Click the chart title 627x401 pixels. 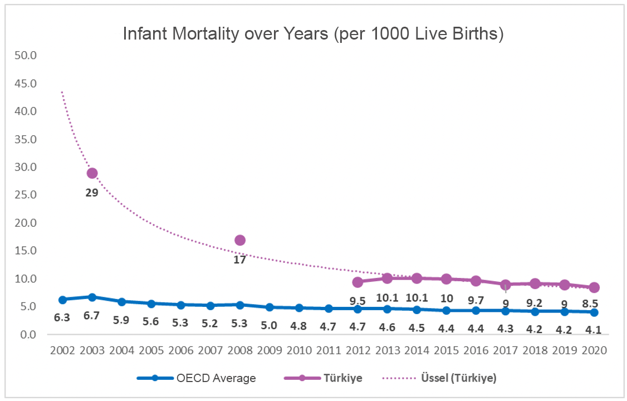click(x=313, y=34)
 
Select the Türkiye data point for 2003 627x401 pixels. click(x=92, y=173)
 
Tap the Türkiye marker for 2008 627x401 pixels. click(x=240, y=240)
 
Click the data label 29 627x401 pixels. click(x=92, y=193)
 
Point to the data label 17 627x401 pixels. click(x=240, y=260)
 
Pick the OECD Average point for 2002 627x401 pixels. click(x=62, y=300)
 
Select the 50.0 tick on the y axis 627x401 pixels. click(x=26, y=56)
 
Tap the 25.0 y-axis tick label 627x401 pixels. click(x=26, y=195)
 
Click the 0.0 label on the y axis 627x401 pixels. click(x=28, y=335)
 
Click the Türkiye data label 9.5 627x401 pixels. click(x=358, y=301)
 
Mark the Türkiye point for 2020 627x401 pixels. click(x=594, y=287)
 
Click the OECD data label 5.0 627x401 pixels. click(x=270, y=326)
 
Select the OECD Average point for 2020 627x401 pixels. click(x=594, y=312)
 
